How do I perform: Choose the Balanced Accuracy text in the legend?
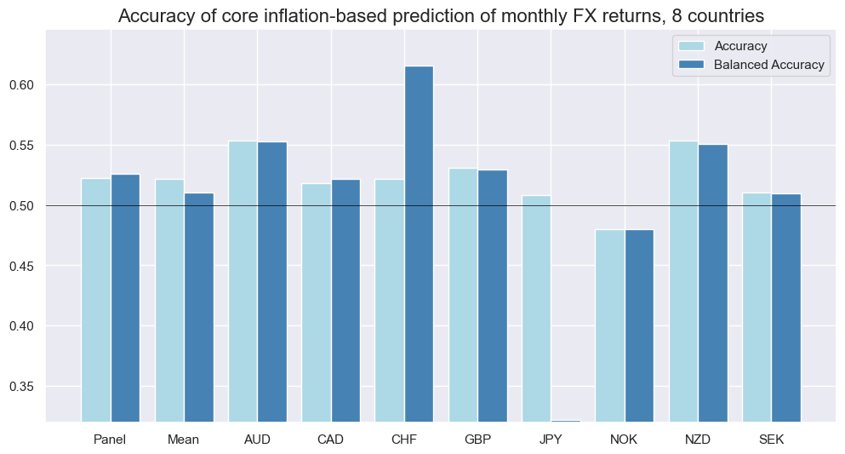tap(770, 65)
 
